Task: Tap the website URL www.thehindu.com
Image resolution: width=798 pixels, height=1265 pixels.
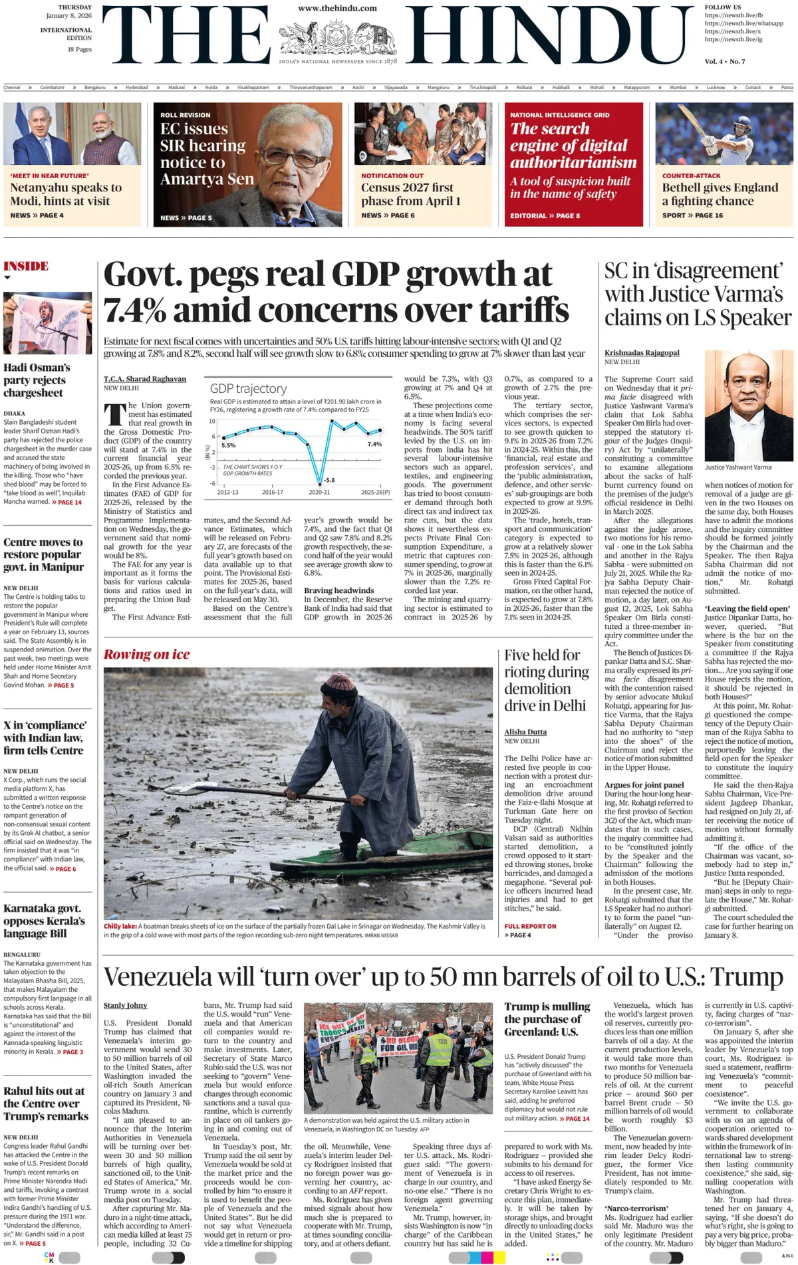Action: [337, 8]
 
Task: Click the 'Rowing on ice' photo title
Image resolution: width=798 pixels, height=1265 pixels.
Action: [146, 654]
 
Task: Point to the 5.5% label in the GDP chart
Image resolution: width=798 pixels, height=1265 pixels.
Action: [228, 445]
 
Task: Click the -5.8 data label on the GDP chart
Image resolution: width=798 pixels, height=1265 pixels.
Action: [329, 479]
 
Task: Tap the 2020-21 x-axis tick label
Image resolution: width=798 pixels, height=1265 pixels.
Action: [319, 492]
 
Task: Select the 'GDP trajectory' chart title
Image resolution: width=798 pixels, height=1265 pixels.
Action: [248, 388]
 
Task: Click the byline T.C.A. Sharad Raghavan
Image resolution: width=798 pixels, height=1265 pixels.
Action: [144, 378]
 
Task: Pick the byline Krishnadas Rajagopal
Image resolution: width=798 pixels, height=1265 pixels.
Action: [642, 352]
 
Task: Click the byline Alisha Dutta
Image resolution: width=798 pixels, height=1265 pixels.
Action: [525, 731]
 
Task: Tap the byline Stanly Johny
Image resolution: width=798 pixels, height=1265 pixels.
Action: [125, 1005]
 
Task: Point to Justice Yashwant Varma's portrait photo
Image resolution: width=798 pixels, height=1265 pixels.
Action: [748, 406]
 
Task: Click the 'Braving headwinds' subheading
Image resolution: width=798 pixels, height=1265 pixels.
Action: [338, 590]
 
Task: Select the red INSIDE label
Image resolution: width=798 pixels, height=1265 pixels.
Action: [26, 266]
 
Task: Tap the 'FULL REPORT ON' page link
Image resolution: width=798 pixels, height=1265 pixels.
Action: [530, 926]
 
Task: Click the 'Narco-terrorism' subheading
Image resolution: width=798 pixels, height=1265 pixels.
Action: [636, 1208]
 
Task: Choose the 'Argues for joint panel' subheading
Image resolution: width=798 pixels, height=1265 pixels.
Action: [644, 784]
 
